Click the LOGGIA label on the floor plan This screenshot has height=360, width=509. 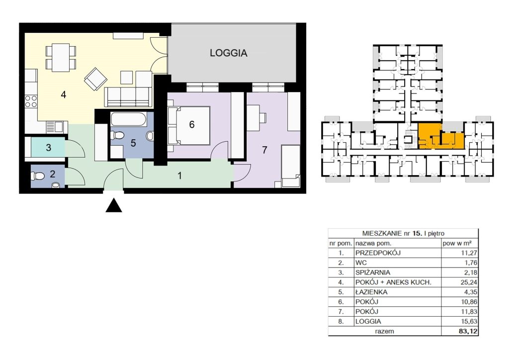click(228, 53)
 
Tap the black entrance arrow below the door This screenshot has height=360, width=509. click(114, 205)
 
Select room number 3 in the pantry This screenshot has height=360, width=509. click(49, 148)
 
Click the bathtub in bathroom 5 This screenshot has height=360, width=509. click(129, 119)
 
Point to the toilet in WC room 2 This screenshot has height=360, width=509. click(38, 176)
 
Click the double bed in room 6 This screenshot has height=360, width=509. click(188, 125)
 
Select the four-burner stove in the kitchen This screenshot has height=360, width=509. click(31, 101)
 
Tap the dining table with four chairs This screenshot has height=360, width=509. click(61, 58)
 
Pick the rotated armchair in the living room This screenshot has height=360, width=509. click(96, 79)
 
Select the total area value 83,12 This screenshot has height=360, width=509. click(469, 332)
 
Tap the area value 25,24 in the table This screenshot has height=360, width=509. click(469, 282)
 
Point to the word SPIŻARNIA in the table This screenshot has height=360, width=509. click(373, 272)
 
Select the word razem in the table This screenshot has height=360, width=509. click(384, 332)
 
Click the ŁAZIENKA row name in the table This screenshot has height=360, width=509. click(371, 292)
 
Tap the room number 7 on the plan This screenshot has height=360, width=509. click(264, 150)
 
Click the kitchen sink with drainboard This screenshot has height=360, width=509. click(55, 127)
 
